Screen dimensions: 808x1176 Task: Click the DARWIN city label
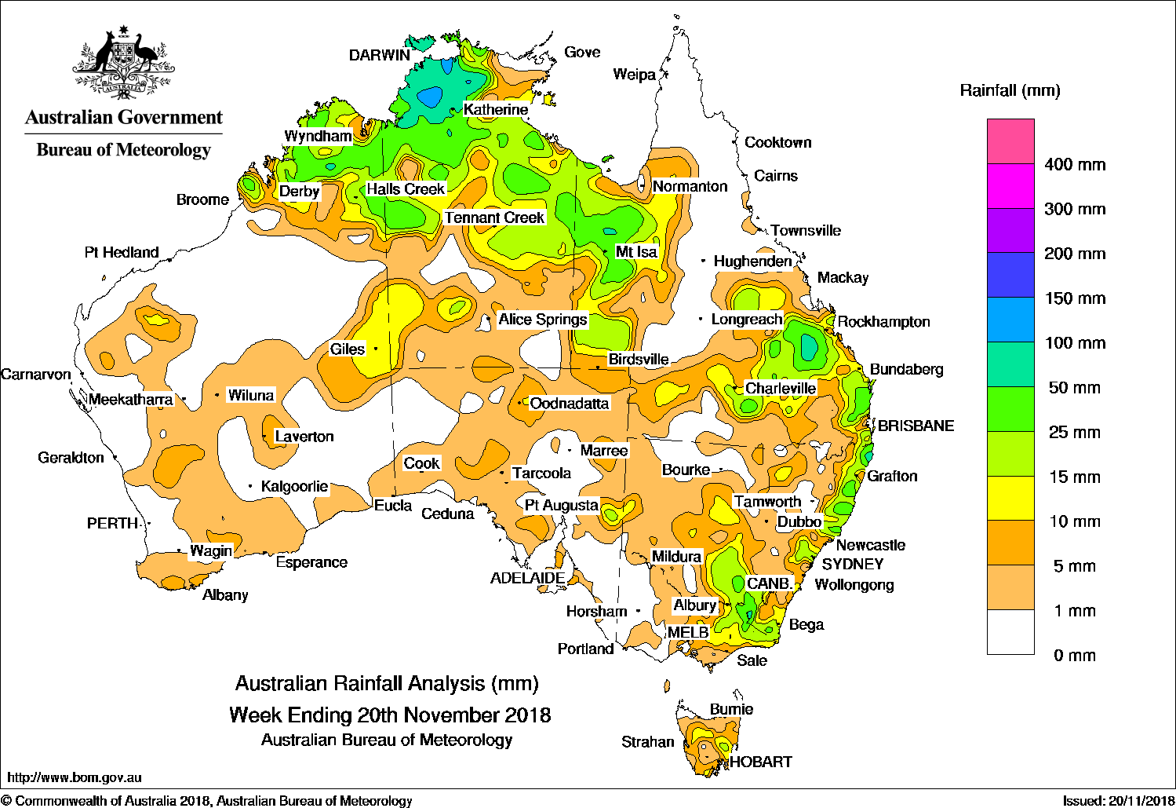coord(380,55)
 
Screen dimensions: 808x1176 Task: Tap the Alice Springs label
coord(543,320)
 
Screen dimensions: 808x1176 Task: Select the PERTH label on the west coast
coord(112,524)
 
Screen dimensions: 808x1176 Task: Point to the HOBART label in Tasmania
coord(761,762)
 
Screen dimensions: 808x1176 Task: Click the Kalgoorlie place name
coord(294,487)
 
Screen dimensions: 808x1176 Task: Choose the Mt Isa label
coord(636,252)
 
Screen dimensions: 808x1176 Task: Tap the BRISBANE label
coord(916,426)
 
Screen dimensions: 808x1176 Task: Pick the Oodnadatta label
coord(570,404)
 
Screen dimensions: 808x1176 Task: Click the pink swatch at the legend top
coord(1010,141)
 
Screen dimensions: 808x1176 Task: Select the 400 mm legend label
coord(1075,165)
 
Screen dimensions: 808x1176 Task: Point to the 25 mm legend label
coord(1075,433)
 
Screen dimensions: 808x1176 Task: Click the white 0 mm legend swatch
coord(1010,632)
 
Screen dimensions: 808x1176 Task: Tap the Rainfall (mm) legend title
coord(1010,91)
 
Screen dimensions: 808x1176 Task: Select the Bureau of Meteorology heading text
coord(124,150)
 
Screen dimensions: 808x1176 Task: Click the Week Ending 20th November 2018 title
coord(390,715)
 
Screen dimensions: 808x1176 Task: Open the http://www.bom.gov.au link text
coord(75,777)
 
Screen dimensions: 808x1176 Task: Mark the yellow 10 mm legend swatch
coord(1010,498)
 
